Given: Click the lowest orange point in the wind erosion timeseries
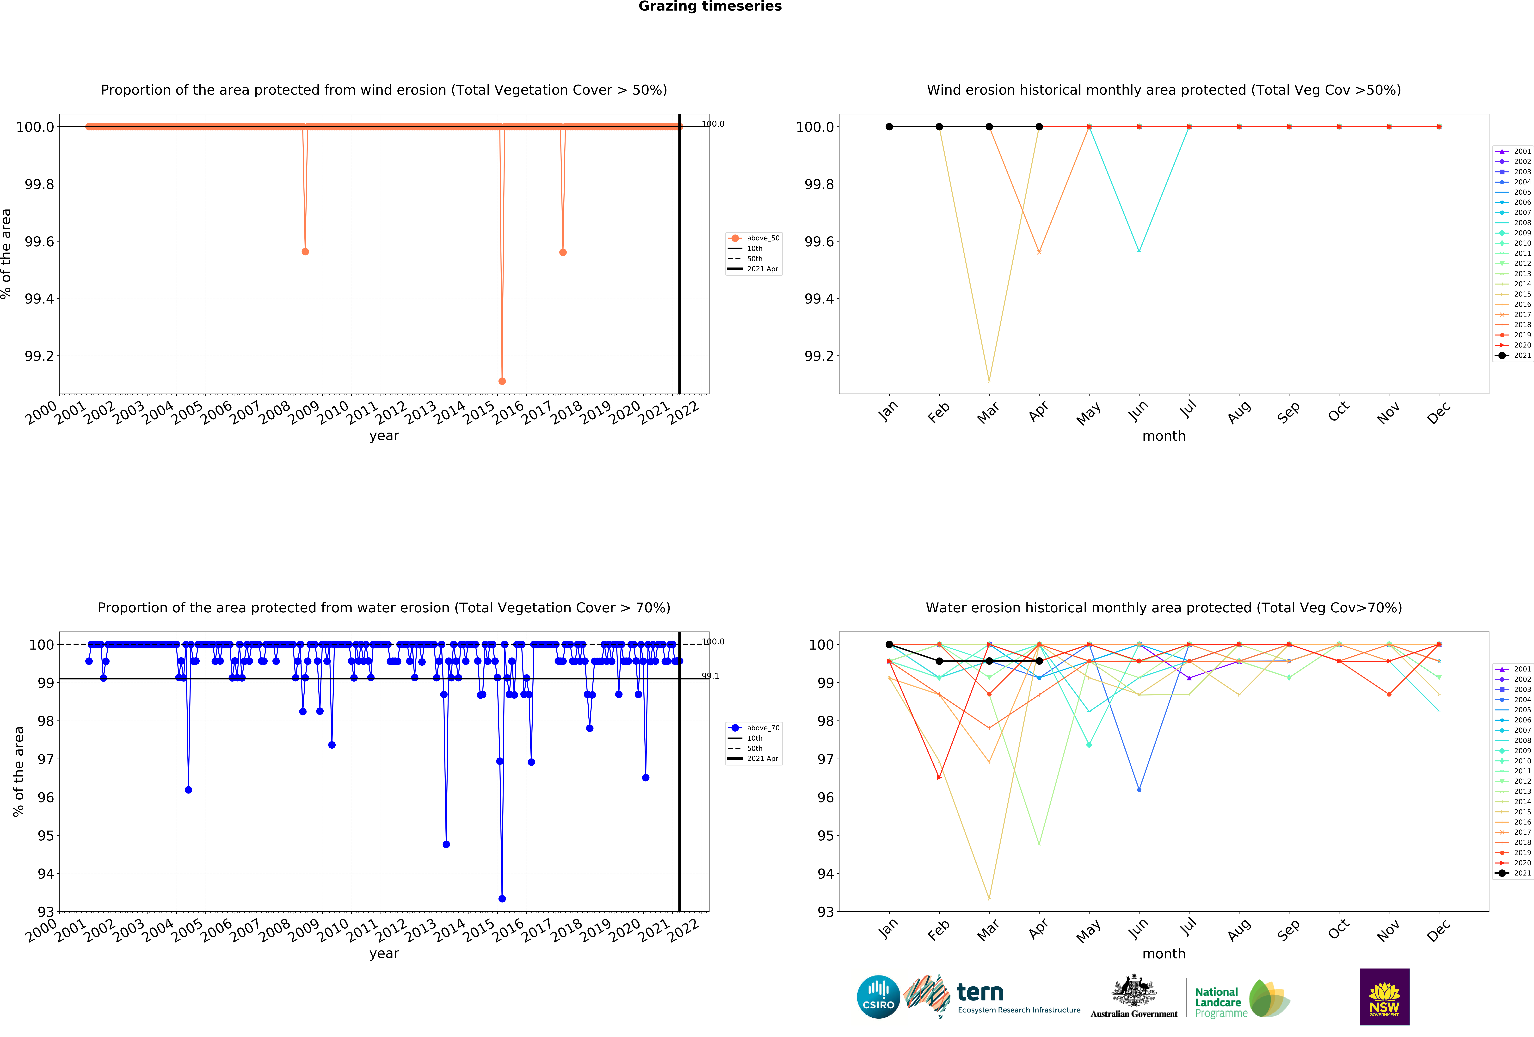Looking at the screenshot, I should (502, 381).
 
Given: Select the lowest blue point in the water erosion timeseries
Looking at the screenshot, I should (502, 898).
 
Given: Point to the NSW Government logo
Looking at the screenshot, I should (1384, 997).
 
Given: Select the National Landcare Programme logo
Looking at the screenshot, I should (1241, 998).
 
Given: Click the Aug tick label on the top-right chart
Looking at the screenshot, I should (1239, 412).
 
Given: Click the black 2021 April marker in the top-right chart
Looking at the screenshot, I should (1039, 127).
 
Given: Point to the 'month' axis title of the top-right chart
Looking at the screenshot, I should (1164, 436).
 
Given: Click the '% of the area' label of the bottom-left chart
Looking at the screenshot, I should (18, 772).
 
